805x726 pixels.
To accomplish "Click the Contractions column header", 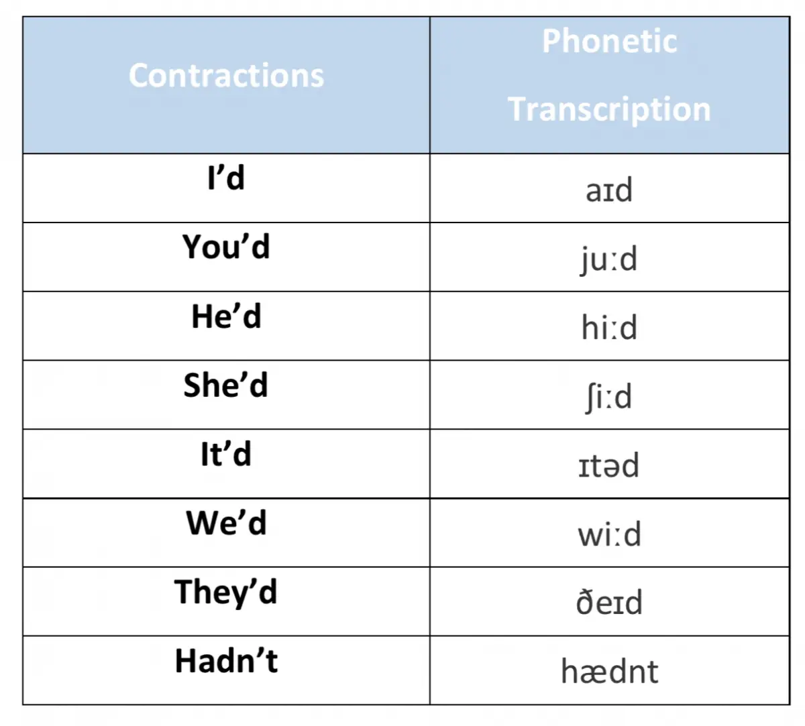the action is (x=226, y=75).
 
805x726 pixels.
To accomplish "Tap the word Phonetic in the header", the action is (x=610, y=41).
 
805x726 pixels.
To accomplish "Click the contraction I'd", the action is (x=226, y=178).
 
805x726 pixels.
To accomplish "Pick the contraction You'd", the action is (x=226, y=246).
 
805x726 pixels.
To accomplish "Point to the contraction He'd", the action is (x=226, y=316).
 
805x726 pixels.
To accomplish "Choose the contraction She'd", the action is (x=226, y=385).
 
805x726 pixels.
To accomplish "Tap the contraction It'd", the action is (x=226, y=454).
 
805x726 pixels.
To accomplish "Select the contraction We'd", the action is (x=226, y=523).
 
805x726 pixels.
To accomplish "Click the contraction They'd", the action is (x=226, y=593).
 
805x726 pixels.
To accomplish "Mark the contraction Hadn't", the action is (x=226, y=660).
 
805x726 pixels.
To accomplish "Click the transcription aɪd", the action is (x=609, y=189).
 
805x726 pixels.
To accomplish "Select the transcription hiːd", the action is (x=610, y=327).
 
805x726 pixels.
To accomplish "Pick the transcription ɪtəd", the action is (x=608, y=465).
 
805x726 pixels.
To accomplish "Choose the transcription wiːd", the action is (x=610, y=534).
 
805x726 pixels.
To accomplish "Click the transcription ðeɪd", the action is (x=610, y=602).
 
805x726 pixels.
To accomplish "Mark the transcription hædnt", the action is (x=610, y=671).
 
